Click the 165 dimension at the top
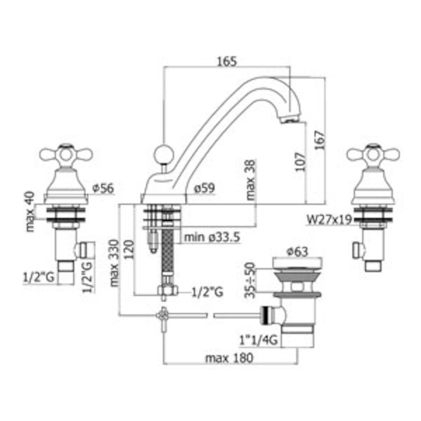227,62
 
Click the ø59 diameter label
205,188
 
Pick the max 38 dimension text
250,180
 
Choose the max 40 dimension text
31,212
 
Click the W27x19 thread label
329,219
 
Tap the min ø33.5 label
212,237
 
